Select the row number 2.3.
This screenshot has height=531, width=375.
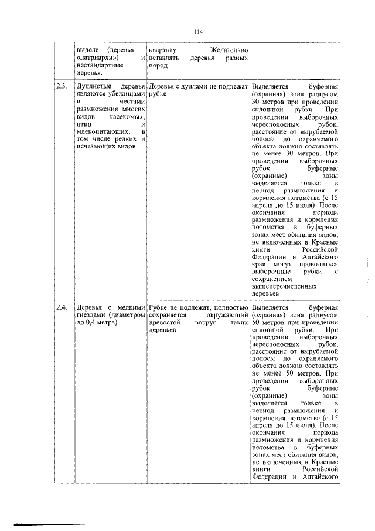(x=61, y=87)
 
